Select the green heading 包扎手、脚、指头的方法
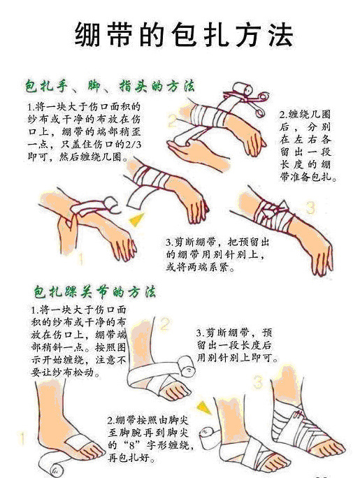point(109,87)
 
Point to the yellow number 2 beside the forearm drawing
point(172,120)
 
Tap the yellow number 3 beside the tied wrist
point(310,208)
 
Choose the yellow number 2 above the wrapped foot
point(165,324)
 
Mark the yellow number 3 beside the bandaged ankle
point(258,382)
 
